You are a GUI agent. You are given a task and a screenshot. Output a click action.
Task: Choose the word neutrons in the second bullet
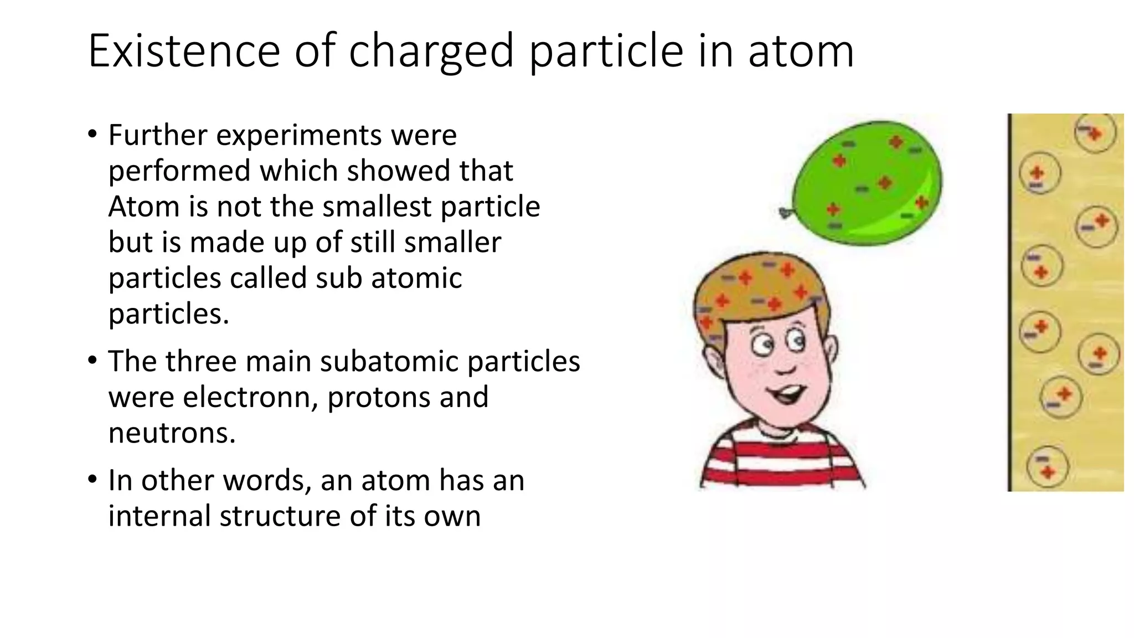pyautogui.click(x=172, y=433)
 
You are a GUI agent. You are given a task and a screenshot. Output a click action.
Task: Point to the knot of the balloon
pyautogui.click(x=784, y=212)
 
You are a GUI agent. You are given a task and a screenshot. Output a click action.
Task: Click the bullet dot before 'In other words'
pyautogui.click(x=92, y=480)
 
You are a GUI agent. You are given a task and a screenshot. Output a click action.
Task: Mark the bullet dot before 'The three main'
pyautogui.click(x=92, y=361)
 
